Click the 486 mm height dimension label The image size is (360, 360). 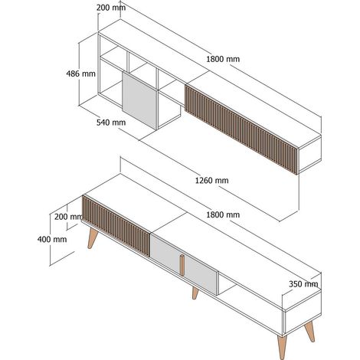pos(80,74)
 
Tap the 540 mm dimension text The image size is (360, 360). pos(111,123)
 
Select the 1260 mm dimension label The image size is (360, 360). pos(211,181)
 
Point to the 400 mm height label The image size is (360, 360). pos(52,239)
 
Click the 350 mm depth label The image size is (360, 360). pos(303,284)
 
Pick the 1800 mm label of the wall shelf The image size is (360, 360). pos(223,59)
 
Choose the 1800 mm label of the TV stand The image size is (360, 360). pos(223,214)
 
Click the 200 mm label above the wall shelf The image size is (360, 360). pos(111,8)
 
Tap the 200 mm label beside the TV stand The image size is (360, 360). pos(68,217)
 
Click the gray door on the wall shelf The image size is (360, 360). pos(139,100)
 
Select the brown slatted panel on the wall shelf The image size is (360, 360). pos(241,129)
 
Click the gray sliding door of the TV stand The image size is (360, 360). pos(185,263)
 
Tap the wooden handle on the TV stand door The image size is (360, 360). pos(182,265)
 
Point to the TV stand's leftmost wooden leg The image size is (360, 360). pos(92,238)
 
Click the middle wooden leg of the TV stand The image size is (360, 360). pos(195,293)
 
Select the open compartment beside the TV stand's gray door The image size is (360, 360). pos(227,283)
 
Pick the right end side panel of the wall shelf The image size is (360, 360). pos(310,154)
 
